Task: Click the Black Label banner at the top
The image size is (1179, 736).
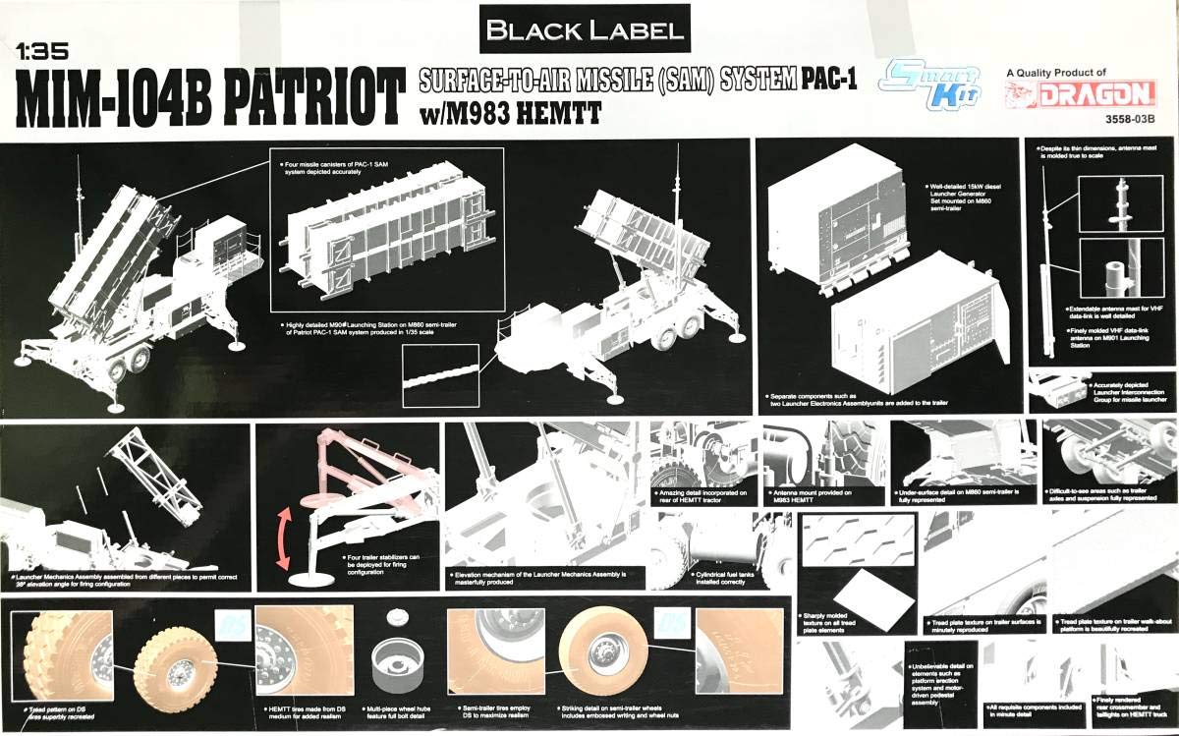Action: [585, 29]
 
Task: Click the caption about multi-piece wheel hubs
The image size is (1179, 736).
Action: [395, 711]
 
